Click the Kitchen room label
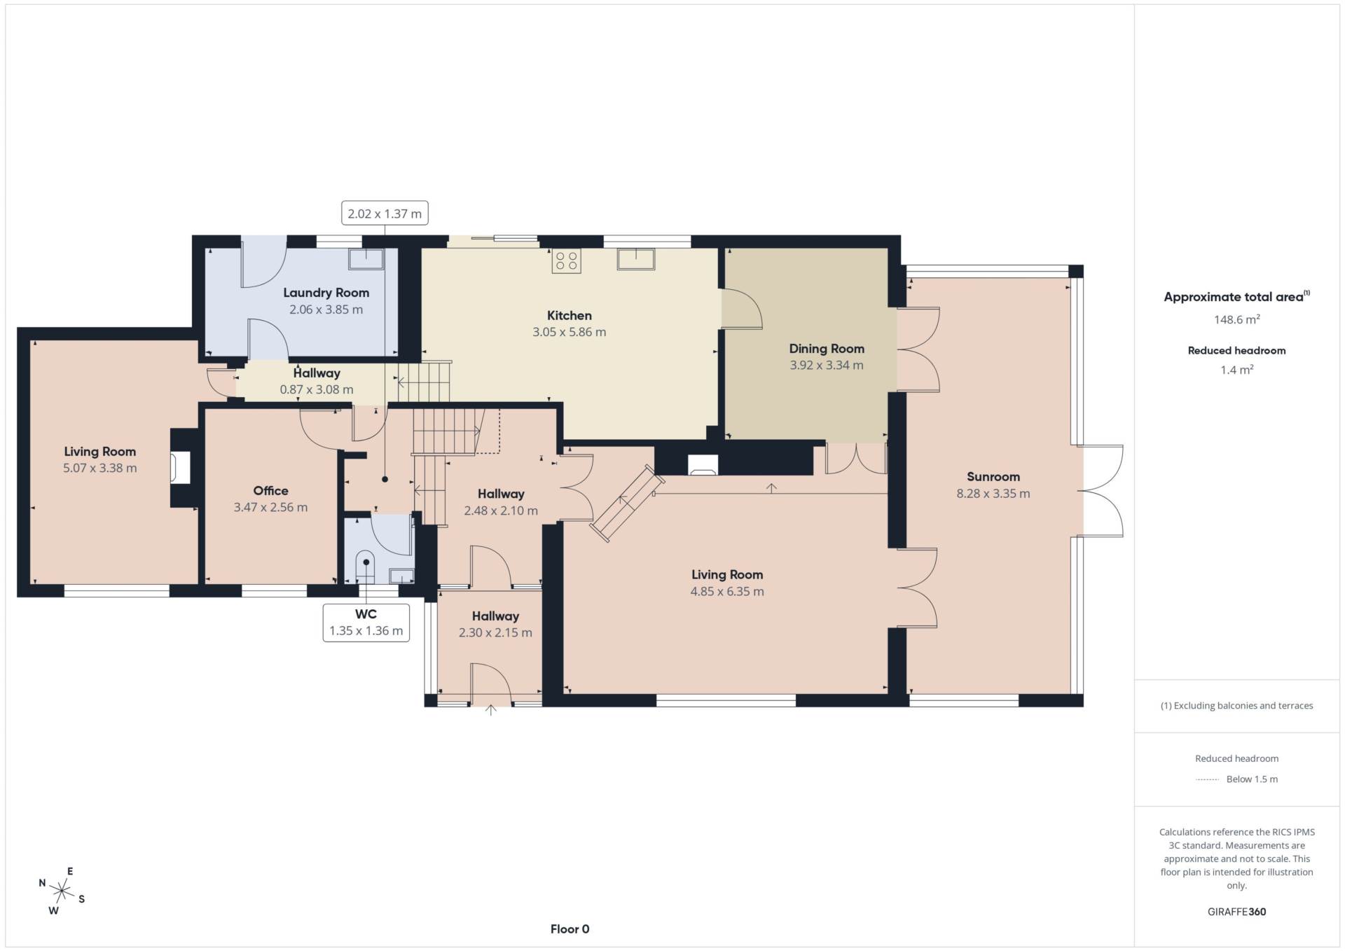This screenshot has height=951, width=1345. [569, 316]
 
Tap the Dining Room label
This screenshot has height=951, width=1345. [827, 349]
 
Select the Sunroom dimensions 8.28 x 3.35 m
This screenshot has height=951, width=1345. [993, 494]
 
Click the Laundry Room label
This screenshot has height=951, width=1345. [326, 293]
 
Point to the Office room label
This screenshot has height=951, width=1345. [270, 491]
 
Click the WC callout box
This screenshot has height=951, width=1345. [366, 623]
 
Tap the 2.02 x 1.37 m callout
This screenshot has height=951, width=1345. [385, 214]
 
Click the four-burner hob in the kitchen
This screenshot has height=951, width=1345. [566, 261]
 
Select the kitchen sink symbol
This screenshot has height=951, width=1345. [636, 259]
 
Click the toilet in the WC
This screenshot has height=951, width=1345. [366, 567]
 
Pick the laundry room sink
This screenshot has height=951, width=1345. [366, 259]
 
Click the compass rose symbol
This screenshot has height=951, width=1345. [62, 891]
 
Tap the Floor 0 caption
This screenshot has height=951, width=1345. [570, 929]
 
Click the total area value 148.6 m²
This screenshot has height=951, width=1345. [1236, 319]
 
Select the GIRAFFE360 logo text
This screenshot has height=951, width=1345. [1236, 912]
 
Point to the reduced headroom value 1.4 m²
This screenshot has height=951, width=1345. [1236, 370]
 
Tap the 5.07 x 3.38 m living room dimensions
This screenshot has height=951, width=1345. [100, 468]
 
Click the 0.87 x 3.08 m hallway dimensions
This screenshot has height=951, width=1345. [317, 390]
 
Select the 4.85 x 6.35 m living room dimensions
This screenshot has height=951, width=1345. [727, 592]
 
